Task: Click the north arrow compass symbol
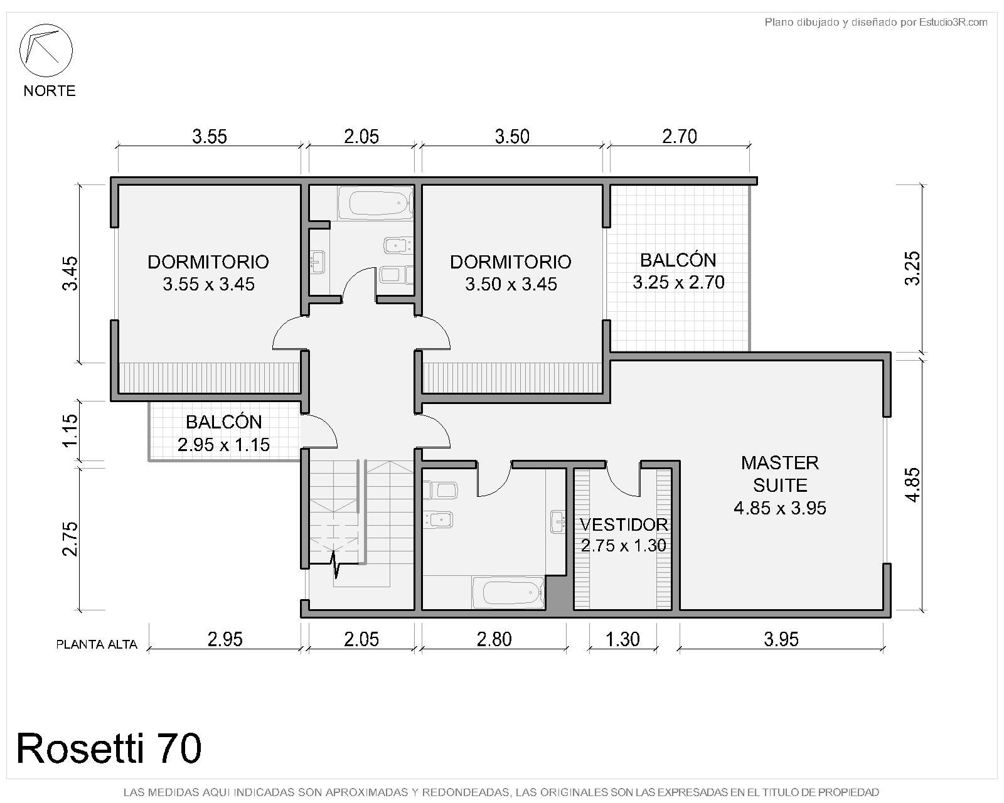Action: [x=46, y=50]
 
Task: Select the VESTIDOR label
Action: [x=624, y=524]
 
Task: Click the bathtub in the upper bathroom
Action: [x=376, y=203]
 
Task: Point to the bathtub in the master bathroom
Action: [x=508, y=593]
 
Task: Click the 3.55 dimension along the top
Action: [x=210, y=137]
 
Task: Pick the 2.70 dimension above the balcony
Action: [x=680, y=137]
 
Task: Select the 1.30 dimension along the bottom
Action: [x=623, y=639]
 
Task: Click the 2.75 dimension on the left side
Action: [x=70, y=539]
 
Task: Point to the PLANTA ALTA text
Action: [x=97, y=645]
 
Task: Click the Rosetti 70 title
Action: [x=109, y=748]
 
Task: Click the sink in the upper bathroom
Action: [x=318, y=262]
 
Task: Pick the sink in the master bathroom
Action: [x=558, y=521]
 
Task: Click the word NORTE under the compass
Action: [x=50, y=90]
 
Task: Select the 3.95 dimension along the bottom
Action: [x=781, y=639]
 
